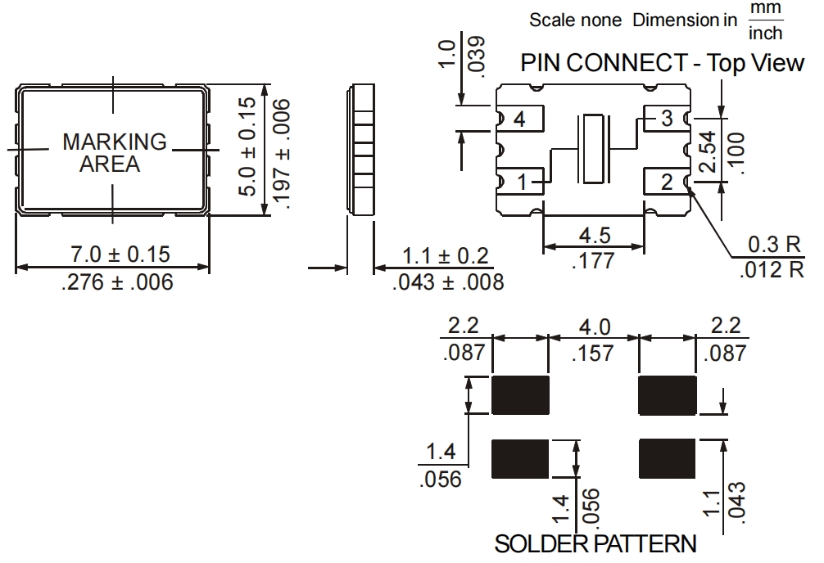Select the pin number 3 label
[667, 119]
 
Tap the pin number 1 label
[522, 181]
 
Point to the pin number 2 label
[667, 181]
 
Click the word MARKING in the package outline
[114, 142]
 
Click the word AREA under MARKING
[109, 164]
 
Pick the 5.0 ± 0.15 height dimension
[251, 147]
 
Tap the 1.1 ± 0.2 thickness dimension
[447, 256]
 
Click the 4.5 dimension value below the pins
[594, 236]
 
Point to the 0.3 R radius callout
[776, 245]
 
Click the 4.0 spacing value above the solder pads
[594, 327]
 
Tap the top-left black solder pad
[519, 394]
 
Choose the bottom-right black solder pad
[667, 458]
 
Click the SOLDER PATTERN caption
[595, 544]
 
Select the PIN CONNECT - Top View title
[662, 64]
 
